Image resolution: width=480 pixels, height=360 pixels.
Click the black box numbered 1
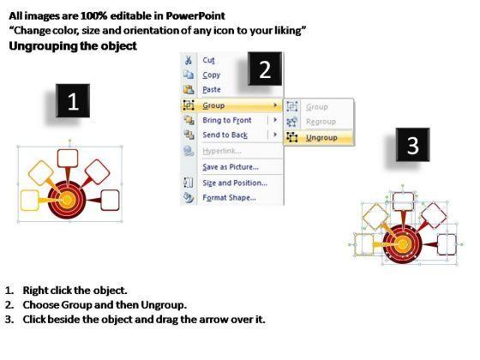click(73, 101)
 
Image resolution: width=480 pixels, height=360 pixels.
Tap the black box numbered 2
click(265, 69)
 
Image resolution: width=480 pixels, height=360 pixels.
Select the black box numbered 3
click(412, 145)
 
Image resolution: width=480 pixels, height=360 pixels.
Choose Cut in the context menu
click(208, 60)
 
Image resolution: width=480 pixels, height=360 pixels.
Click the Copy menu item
click(211, 75)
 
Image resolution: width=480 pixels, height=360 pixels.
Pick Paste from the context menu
click(212, 90)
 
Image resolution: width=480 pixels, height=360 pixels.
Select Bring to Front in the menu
click(227, 120)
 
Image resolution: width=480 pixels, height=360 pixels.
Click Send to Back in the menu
click(225, 135)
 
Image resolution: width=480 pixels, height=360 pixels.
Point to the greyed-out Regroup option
click(321, 122)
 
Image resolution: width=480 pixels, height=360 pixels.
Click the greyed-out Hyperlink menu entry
click(222, 151)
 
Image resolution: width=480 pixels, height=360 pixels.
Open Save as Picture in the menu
click(231, 167)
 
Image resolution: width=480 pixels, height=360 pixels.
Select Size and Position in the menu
click(235, 183)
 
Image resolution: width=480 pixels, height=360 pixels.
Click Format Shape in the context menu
click(230, 198)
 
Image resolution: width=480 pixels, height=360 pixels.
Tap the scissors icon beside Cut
click(189, 60)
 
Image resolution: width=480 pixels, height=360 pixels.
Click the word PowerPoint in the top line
click(195, 16)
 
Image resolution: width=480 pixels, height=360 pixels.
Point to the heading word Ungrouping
click(43, 46)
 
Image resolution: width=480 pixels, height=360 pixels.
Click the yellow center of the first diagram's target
click(67, 200)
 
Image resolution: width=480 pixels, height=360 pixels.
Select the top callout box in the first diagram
click(68, 159)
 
